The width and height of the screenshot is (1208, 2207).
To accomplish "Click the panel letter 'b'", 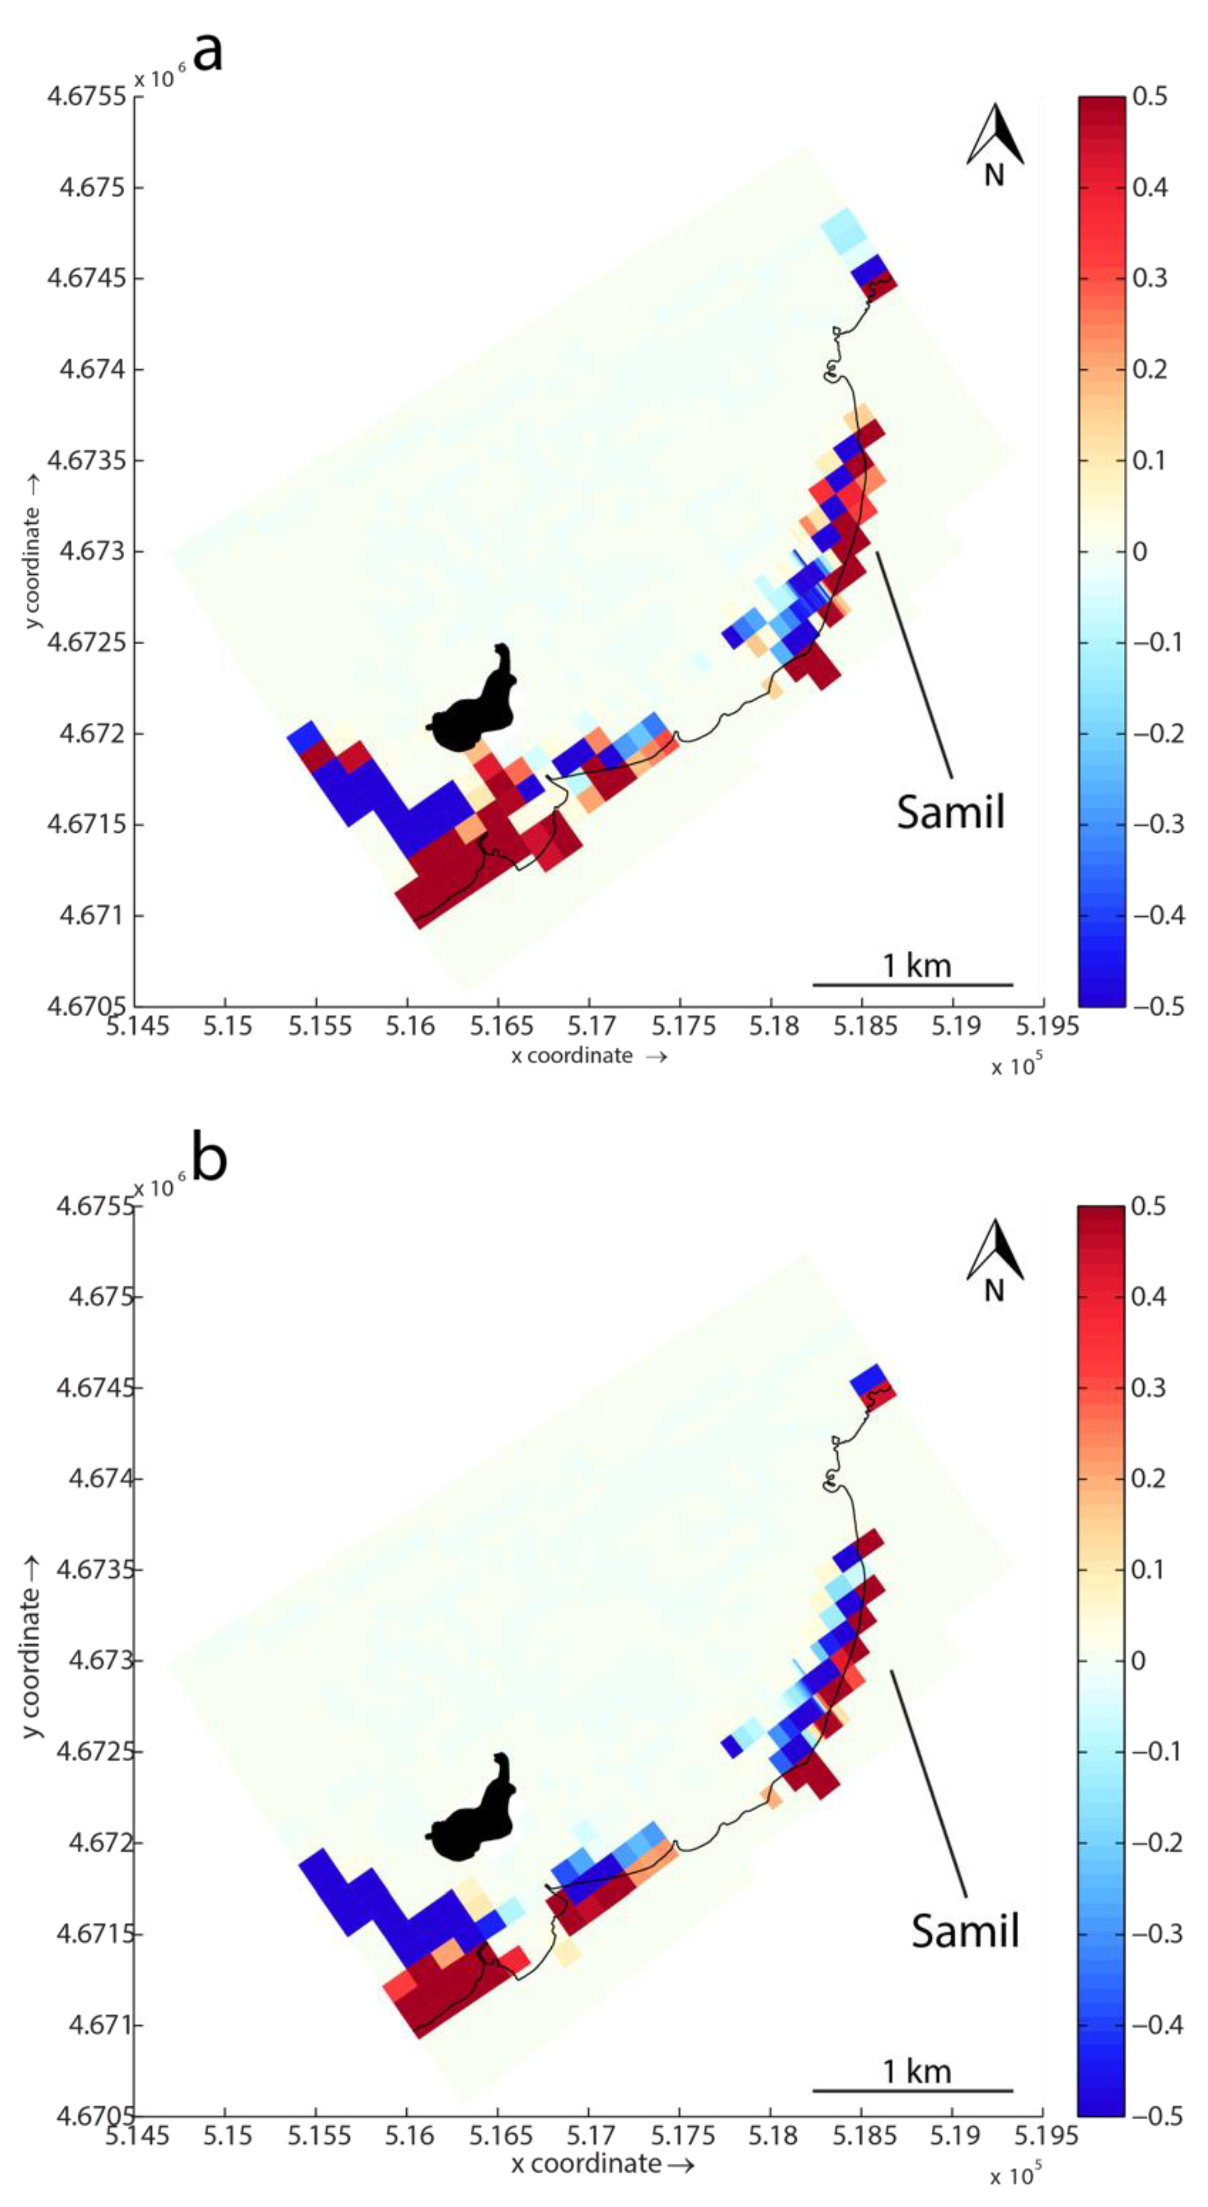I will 210,1159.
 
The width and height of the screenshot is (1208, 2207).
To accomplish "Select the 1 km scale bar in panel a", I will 913,984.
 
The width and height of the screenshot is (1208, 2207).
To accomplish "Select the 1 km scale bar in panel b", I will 913,2090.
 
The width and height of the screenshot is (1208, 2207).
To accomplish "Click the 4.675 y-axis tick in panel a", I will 89,187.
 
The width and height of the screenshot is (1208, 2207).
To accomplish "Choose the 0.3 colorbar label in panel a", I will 1150,278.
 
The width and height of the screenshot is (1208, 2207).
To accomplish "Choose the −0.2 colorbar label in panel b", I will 1157,1842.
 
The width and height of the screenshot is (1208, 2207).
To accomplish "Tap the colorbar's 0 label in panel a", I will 1140,551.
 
